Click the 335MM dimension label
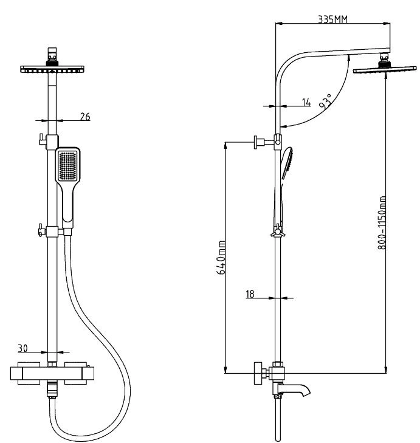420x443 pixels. pos(332,19)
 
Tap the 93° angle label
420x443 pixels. pos(325,101)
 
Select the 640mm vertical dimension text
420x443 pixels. pos(221,258)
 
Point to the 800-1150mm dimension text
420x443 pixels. pos(382,222)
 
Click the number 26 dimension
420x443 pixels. pos(85,117)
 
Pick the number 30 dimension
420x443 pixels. pos(23,348)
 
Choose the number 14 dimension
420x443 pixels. pos(306,102)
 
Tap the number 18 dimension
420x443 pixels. pos(250,294)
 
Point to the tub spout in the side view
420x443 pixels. pos(294,389)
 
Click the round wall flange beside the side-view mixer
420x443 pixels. pos(258,373)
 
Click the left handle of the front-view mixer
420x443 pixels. pos(29,373)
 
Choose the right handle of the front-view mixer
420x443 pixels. pos(75,373)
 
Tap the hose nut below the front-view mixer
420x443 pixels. pos(52,390)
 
